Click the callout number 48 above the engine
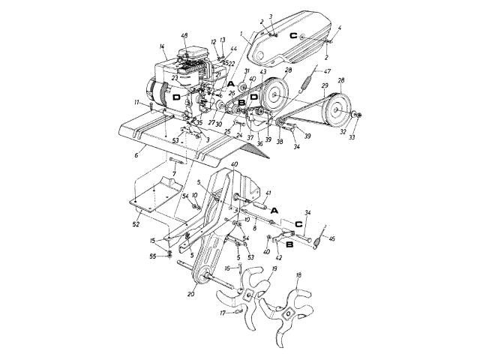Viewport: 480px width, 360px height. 184,35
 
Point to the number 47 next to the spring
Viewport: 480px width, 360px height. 327,72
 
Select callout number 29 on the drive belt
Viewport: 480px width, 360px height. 325,87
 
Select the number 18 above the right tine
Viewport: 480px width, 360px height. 298,276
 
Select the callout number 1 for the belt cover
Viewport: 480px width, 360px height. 242,34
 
